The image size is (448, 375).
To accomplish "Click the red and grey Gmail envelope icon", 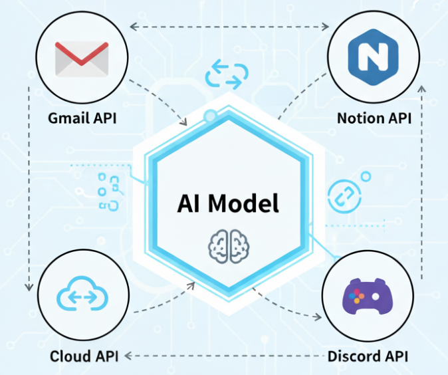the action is (82, 59).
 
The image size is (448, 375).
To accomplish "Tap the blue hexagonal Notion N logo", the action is (373, 57).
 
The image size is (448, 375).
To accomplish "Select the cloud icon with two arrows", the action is (82, 293).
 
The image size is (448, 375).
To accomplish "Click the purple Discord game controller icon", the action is (368, 296).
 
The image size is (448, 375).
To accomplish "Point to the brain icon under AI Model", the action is (229, 246).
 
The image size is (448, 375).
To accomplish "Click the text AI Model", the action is (228, 203).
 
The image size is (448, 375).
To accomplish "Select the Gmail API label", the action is (82, 118).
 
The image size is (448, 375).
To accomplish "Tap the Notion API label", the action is (374, 118).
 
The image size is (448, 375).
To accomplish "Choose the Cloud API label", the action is (84, 356).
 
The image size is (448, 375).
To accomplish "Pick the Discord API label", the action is (368, 356).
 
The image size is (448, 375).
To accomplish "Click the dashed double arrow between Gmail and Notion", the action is (229, 27).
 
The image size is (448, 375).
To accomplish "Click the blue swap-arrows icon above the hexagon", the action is (227, 74).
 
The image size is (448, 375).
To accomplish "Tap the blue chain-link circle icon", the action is (344, 196).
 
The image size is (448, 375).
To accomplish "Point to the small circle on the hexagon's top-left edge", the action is (211, 116).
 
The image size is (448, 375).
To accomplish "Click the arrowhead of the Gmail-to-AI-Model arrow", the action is (183, 122).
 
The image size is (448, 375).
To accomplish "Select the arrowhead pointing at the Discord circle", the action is (317, 316).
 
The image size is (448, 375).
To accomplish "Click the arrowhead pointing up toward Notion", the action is (421, 88).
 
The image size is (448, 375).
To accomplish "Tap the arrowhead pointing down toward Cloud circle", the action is (29, 287).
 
